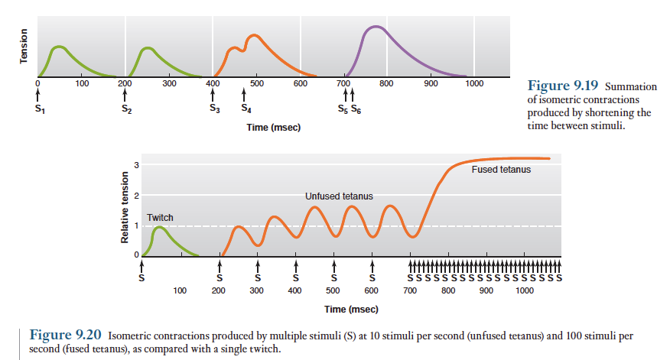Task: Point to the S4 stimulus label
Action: (245, 109)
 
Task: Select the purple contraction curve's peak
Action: (373, 28)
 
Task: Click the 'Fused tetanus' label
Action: (501, 169)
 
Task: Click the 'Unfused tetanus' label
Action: (339, 196)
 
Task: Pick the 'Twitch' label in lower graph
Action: (161, 218)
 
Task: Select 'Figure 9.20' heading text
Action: (65, 336)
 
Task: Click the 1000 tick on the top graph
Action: (474, 83)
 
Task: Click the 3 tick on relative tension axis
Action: (136, 165)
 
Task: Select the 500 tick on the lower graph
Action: (333, 291)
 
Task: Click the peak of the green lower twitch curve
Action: (159, 227)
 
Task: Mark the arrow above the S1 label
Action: (37, 96)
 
